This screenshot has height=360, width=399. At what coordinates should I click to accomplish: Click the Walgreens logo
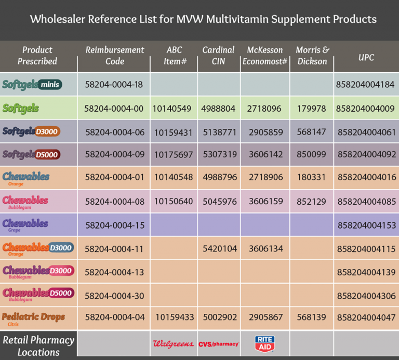tap(173, 343)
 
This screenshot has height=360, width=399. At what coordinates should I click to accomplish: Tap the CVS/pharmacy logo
tap(219, 344)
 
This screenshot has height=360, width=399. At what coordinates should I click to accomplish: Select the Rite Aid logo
tap(264, 343)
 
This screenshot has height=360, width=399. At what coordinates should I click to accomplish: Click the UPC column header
tap(366, 58)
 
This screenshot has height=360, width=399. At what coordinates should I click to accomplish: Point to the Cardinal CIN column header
tap(219, 56)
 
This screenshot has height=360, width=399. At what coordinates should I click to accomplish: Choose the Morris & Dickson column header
tap(312, 56)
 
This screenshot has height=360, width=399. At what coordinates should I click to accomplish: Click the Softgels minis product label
tap(39, 84)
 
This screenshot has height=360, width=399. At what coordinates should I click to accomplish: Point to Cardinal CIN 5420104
tap(219, 248)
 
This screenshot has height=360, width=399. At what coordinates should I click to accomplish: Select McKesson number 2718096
tap(264, 109)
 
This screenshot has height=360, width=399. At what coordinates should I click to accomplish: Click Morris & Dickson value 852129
tap(312, 202)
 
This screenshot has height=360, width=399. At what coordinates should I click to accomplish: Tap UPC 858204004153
tap(366, 225)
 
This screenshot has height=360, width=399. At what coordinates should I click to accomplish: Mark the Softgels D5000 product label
tap(32, 154)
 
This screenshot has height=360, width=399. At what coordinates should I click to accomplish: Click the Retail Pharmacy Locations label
tap(38, 346)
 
